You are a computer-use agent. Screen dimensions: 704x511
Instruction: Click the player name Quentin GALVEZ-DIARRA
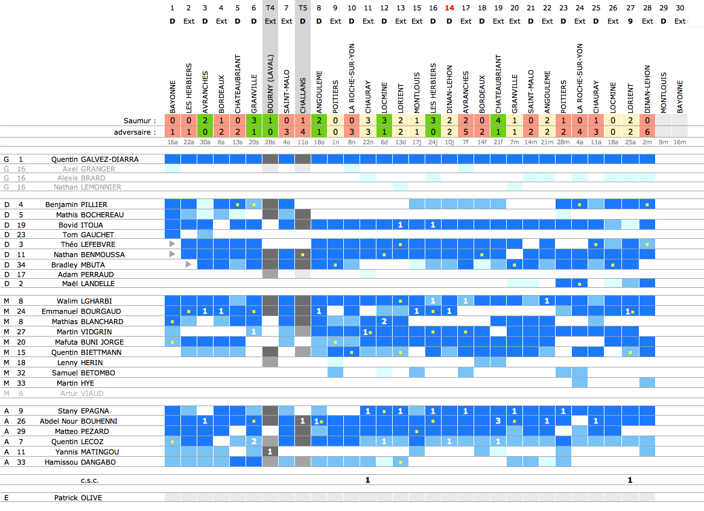[95, 159]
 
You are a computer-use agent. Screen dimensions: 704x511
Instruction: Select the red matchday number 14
[449, 8]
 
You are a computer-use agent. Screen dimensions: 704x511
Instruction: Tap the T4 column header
[270, 8]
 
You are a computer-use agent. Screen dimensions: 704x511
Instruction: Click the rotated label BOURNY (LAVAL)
[270, 84]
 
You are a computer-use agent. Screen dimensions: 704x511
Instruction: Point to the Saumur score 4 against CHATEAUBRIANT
[498, 120]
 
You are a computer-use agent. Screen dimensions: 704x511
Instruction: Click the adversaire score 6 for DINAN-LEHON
[647, 132]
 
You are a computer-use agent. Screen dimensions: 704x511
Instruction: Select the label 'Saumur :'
[139, 121]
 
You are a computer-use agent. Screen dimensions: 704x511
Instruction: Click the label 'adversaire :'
[135, 132]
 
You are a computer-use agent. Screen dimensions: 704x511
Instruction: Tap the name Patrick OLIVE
[78, 498]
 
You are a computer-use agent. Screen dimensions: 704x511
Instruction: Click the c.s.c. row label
[90, 480]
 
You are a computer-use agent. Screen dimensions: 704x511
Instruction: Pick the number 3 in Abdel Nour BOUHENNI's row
[498, 421]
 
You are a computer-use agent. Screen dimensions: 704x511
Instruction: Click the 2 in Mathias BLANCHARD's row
[384, 321]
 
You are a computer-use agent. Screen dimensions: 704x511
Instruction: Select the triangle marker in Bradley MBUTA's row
[189, 264]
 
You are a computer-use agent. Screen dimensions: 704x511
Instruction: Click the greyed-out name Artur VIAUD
[81, 393]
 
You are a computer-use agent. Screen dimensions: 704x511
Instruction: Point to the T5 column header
[303, 8]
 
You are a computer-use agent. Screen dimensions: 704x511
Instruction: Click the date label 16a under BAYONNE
[173, 142]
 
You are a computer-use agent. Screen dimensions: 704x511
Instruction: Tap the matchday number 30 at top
[680, 8]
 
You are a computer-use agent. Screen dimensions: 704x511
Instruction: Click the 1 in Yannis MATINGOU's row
[270, 451]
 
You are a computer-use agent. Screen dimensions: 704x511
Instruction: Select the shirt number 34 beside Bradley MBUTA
[21, 265]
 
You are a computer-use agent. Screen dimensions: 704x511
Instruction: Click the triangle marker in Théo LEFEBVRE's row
[173, 244]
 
